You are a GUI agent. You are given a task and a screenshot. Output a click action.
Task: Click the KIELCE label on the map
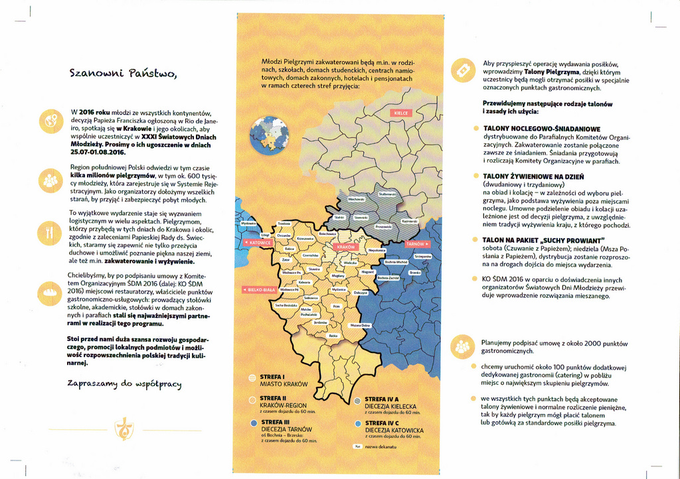401,113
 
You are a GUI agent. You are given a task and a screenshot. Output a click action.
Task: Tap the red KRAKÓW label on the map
346,247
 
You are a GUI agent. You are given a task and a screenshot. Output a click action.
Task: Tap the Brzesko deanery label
415,272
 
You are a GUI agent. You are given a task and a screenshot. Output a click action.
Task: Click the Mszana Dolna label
361,325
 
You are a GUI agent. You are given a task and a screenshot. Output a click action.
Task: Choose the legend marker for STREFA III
252,422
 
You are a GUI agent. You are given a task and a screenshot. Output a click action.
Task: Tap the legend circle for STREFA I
252,377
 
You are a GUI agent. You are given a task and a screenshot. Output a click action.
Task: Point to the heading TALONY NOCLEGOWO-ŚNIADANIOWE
541,128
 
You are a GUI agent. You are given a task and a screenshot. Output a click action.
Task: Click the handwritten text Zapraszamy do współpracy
124,384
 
